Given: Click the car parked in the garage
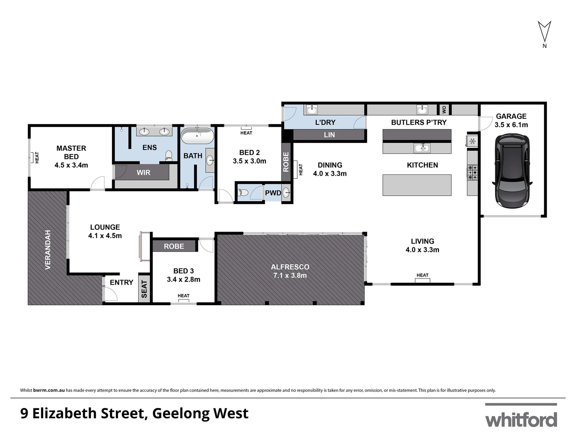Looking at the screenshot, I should point(512,171).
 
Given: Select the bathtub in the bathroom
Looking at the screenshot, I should point(197,136).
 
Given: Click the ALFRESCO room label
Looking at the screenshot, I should point(290,267).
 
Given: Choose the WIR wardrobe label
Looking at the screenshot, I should point(144,172).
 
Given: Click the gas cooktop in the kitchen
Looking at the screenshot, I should point(472,172).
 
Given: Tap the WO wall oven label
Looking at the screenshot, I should point(444,110).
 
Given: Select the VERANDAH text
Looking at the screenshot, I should point(48,250).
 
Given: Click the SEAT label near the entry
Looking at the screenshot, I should point(144,289).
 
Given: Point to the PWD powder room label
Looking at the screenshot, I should point(273,193).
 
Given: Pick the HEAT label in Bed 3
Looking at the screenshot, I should point(184,296).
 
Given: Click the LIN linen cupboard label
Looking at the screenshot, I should point(329,135).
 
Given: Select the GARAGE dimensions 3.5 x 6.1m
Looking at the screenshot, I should point(511,125).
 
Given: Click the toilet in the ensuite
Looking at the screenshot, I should point(168,155).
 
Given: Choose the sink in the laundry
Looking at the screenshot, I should point(311,110).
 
